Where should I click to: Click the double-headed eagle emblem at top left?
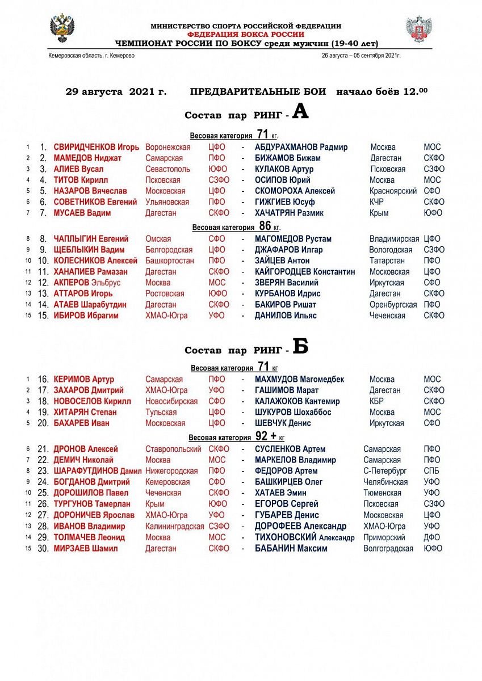(x=62, y=28)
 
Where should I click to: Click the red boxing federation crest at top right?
(x=419, y=29)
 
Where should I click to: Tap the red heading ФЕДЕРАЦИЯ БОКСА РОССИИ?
(x=246, y=34)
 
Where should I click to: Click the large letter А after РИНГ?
(x=300, y=112)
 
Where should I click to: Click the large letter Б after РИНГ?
(x=300, y=346)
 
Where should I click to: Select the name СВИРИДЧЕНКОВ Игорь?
(x=96, y=147)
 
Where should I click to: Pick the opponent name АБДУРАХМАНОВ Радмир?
(x=301, y=147)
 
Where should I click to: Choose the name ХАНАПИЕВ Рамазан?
(x=90, y=272)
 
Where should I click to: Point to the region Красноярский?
(x=393, y=191)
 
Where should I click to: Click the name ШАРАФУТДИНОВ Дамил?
(x=97, y=471)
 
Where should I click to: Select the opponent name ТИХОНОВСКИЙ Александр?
(x=304, y=537)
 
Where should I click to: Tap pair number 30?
(x=43, y=549)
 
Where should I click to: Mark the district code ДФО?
(x=431, y=537)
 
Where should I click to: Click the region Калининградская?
(x=174, y=527)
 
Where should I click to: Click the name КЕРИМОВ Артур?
(x=83, y=379)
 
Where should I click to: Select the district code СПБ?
(x=431, y=471)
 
